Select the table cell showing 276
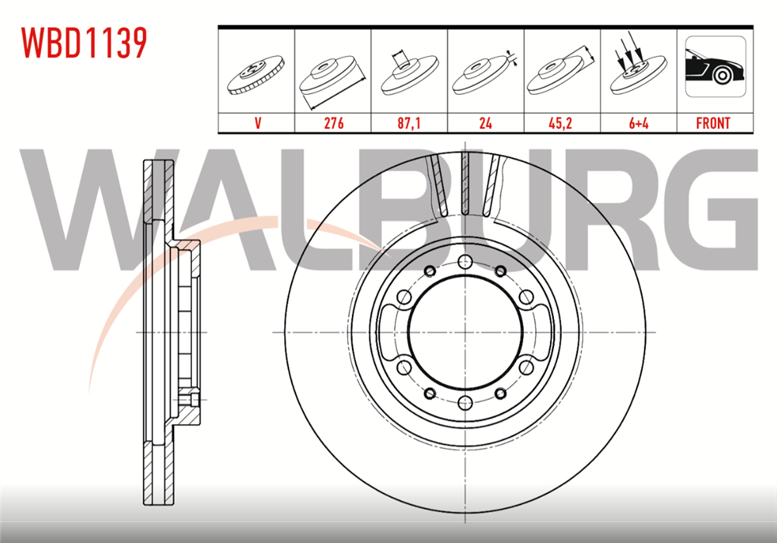(333, 123)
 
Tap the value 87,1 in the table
(409, 123)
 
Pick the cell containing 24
(486, 123)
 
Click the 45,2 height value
(562, 123)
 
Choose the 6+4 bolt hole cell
(638, 123)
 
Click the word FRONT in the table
(713, 123)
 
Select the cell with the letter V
(256, 123)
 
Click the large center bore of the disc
(463, 333)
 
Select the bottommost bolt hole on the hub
(463, 402)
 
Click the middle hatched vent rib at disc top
(464, 183)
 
